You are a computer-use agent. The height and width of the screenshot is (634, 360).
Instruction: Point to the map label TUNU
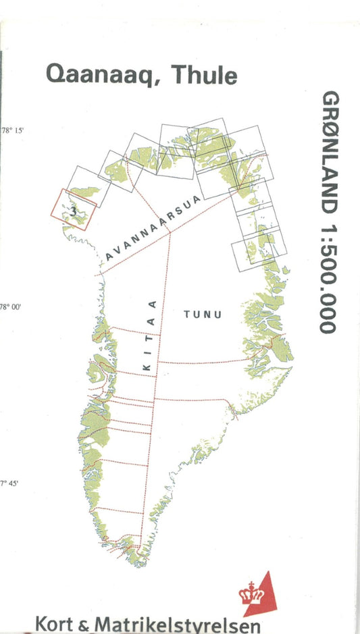point(203,314)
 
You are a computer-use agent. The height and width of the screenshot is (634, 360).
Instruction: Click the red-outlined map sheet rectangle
point(73,209)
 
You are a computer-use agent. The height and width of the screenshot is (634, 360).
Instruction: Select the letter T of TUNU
point(187,314)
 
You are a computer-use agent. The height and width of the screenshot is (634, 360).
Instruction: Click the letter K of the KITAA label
point(147,367)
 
